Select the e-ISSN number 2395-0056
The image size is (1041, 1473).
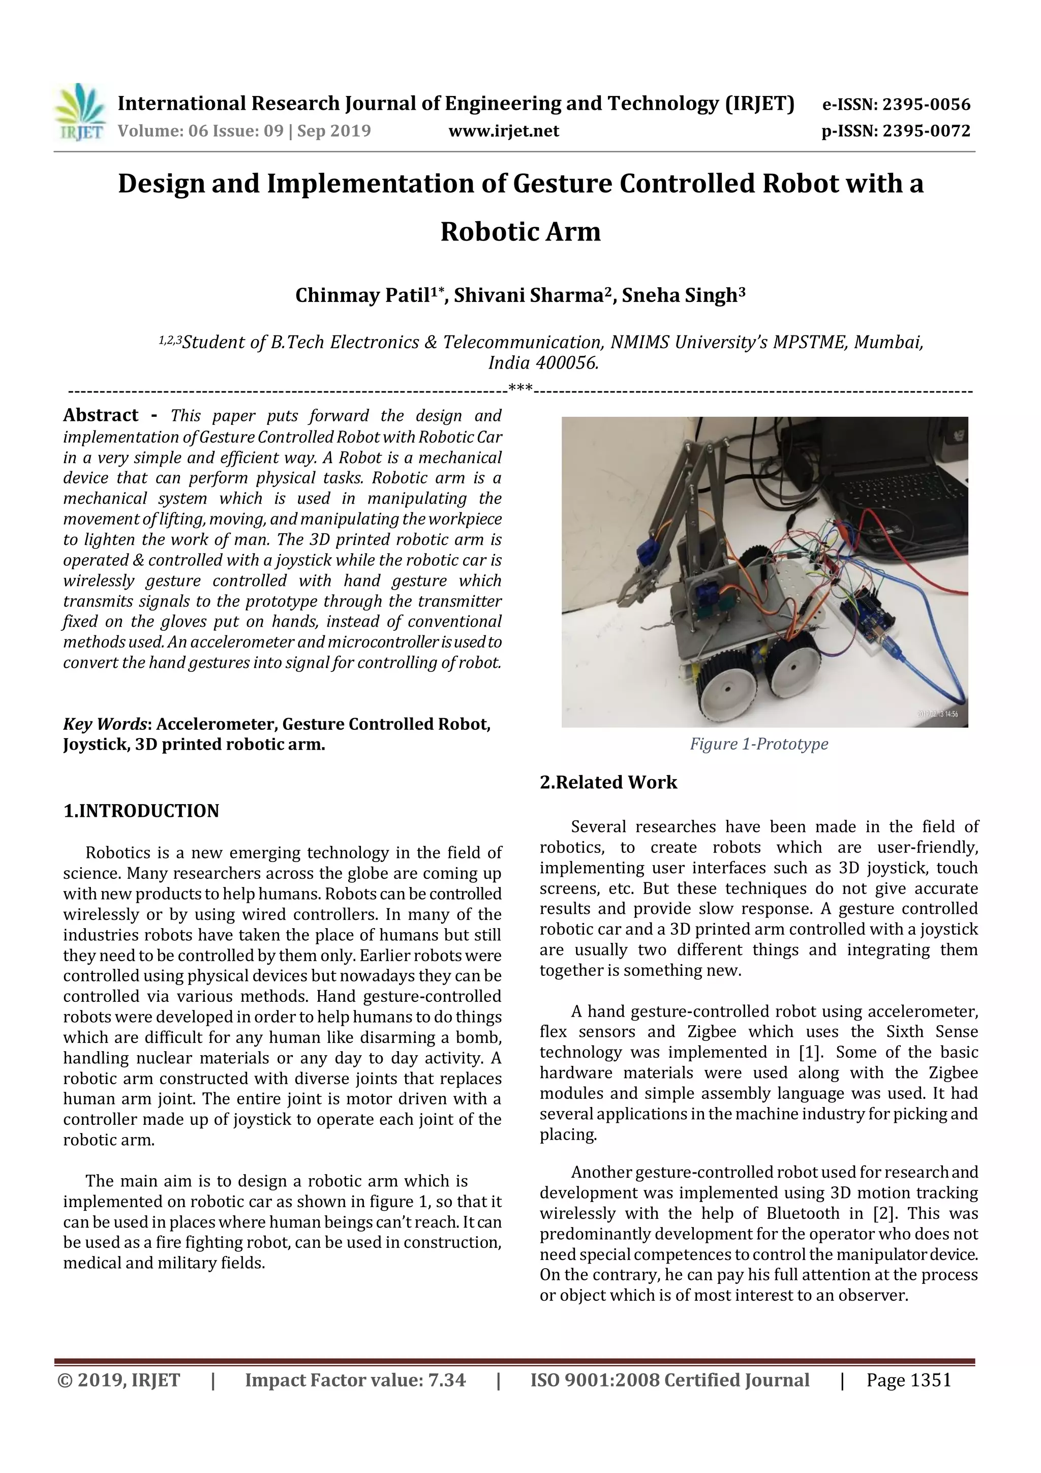click(926, 105)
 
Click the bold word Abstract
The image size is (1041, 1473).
click(101, 416)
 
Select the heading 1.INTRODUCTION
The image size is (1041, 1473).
click(141, 811)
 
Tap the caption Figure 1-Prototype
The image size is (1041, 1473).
click(759, 744)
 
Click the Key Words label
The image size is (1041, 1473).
click(105, 724)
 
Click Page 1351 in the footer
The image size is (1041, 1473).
click(908, 1380)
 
